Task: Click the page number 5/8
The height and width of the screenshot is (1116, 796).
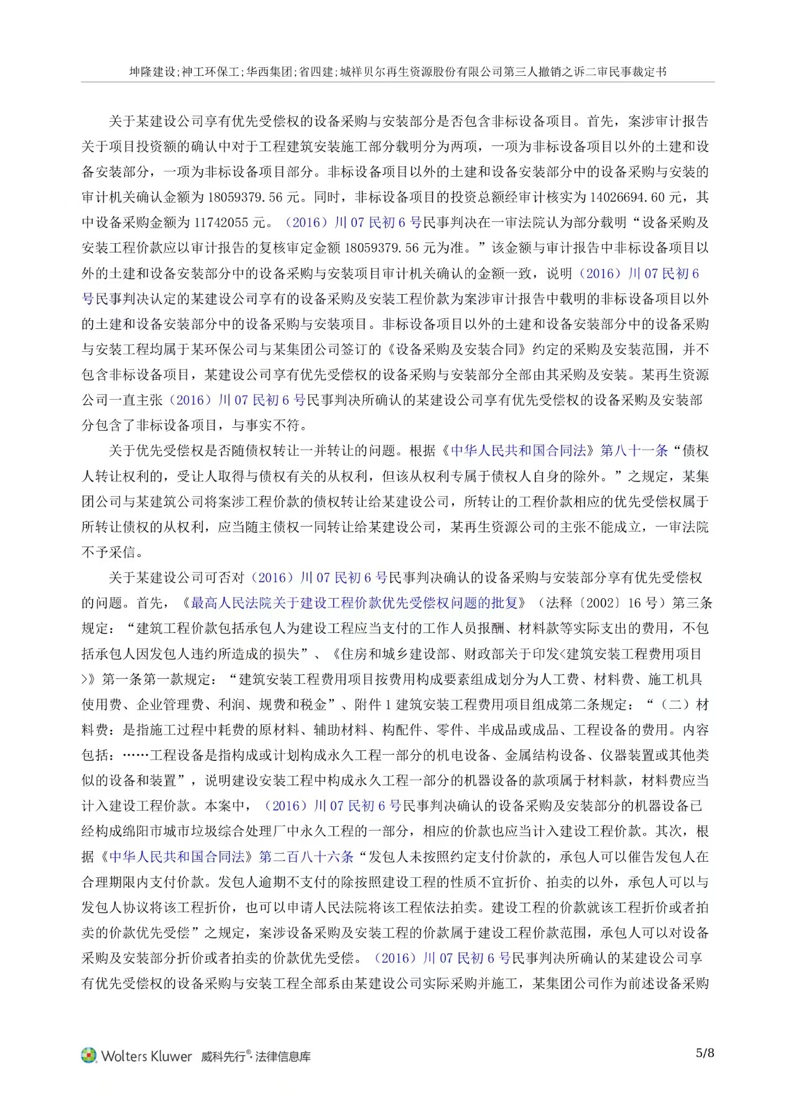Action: [x=705, y=1053]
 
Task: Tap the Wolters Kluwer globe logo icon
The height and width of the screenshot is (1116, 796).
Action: [x=90, y=1055]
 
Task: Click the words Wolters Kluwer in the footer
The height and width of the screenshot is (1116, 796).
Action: [x=147, y=1056]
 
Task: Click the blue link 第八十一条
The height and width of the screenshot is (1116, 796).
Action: [x=634, y=451]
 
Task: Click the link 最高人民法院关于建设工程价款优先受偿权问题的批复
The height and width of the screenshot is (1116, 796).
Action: [x=354, y=603]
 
